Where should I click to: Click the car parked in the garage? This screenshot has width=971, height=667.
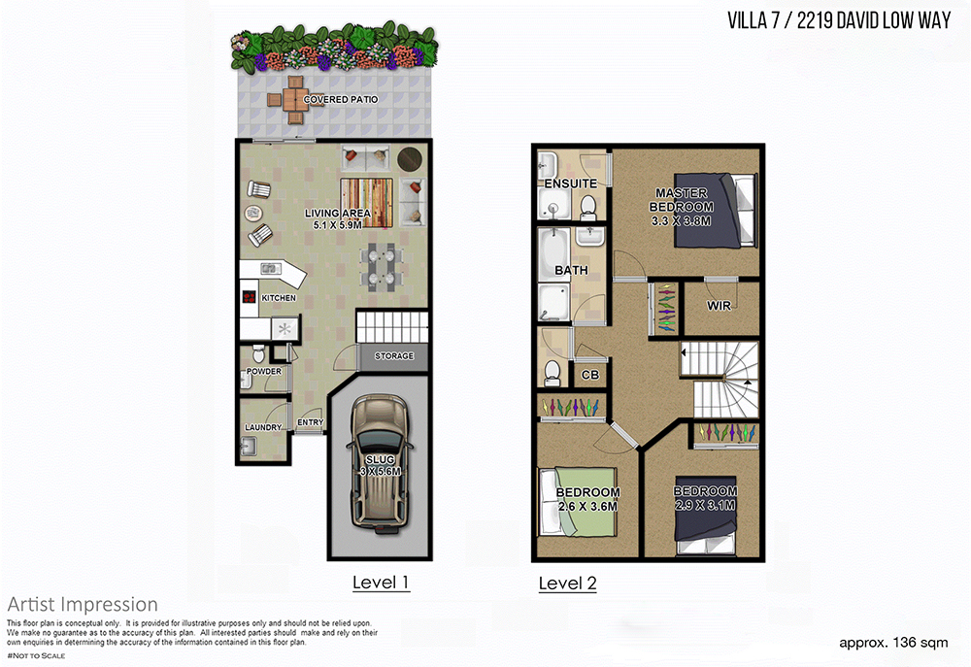click(x=379, y=462)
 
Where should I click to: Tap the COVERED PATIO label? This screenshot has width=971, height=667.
click(x=341, y=99)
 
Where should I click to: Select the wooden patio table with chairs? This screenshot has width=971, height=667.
click(x=295, y=100)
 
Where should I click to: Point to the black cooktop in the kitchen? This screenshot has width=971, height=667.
click(x=249, y=297)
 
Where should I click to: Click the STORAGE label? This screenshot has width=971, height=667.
click(x=394, y=356)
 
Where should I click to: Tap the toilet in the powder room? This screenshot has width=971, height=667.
click(x=258, y=353)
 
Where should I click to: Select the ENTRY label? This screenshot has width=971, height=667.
click(x=311, y=422)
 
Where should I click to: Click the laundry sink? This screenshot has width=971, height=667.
click(x=249, y=446)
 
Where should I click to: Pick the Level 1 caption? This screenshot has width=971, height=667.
click(x=381, y=583)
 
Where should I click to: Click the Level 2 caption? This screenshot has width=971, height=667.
click(x=567, y=584)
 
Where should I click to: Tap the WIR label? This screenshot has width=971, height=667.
click(x=719, y=305)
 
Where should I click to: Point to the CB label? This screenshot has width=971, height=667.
click(x=590, y=375)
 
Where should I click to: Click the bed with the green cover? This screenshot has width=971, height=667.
click(x=579, y=502)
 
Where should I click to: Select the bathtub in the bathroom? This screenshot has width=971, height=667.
click(x=552, y=255)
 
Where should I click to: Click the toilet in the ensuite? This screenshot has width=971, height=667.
click(x=587, y=207)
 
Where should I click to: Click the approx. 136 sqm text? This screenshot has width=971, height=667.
click(x=893, y=643)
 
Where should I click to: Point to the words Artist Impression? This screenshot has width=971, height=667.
click(x=83, y=605)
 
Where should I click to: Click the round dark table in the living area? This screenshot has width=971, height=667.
click(x=410, y=158)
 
